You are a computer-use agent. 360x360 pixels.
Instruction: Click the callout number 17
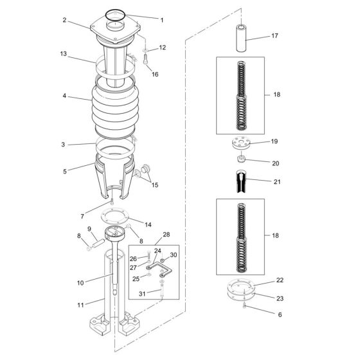coord(274,36)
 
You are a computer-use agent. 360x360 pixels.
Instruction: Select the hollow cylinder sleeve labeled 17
coord(241,38)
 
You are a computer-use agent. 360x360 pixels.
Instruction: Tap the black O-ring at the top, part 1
coord(115,15)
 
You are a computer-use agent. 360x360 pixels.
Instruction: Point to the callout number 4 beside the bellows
coord(64,96)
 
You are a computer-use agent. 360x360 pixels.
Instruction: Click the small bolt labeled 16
coord(145,59)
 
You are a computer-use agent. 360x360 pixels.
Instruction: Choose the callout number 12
coord(162,48)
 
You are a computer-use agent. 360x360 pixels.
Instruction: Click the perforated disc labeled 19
coord(240,143)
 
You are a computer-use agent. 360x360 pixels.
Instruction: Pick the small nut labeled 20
coord(241,159)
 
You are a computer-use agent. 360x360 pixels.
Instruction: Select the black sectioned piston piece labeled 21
coord(241,181)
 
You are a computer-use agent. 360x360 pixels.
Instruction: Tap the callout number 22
coord(280,280)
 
